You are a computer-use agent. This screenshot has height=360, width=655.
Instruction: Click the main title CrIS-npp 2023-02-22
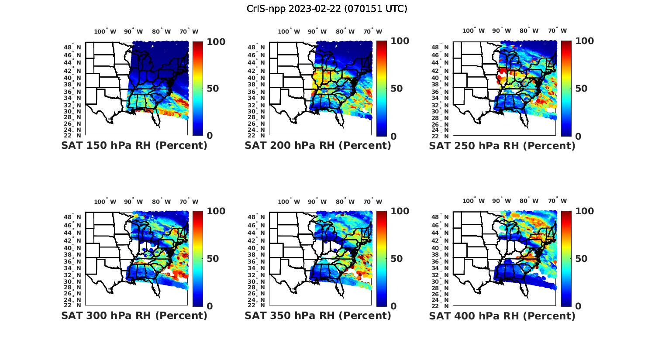coord(327,9)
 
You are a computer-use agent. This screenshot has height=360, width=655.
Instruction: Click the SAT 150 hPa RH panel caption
coord(134,146)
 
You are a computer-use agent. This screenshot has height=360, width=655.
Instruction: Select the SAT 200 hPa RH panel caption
coord(318,146)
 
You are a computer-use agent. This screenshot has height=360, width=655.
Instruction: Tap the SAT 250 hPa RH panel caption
coord(502,146)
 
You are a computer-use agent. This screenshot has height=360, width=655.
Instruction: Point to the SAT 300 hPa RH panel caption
coord(134,315)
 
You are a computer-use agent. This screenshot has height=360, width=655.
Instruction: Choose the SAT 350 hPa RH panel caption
coord(318,315)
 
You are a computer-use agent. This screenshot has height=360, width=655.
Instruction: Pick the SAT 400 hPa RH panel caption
coord(502,315)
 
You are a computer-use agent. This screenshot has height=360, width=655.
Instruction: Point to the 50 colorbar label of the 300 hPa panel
coord(213,259)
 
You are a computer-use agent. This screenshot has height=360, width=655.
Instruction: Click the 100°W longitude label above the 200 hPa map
coord(289,31)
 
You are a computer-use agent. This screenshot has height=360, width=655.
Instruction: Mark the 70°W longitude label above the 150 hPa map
coord(189,31)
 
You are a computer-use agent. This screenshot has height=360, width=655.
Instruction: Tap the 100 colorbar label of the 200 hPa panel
coord(400,41)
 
